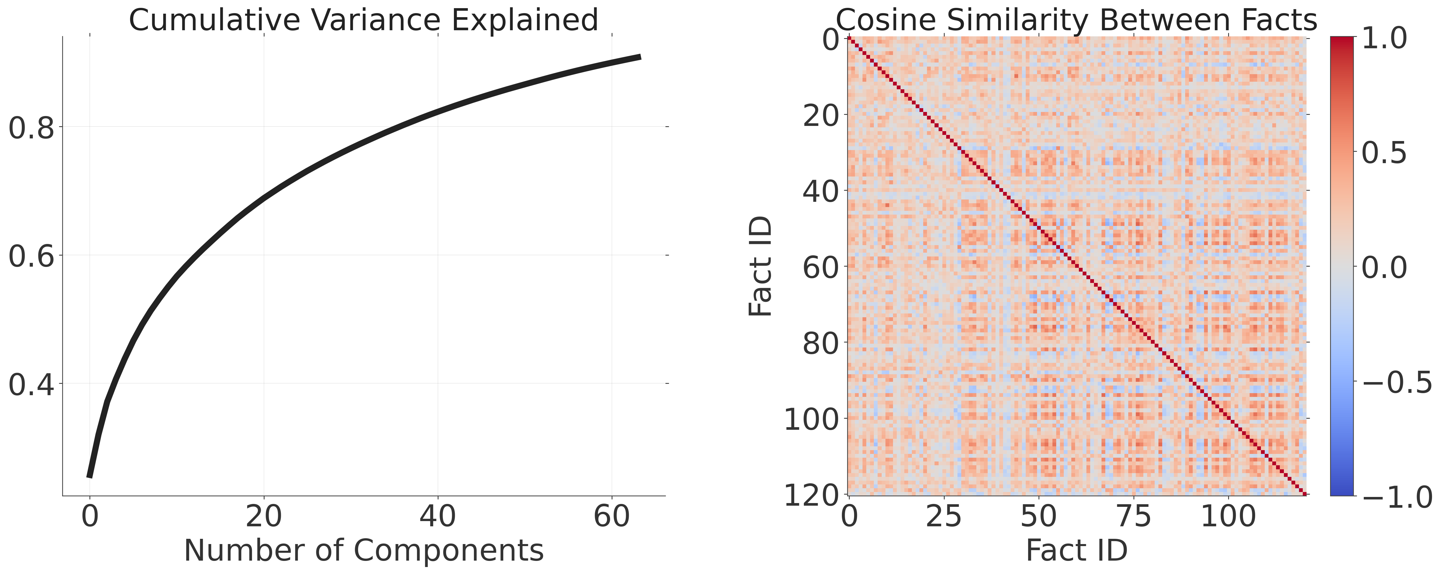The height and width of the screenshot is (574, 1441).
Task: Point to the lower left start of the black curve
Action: click(x=89, y=477)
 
